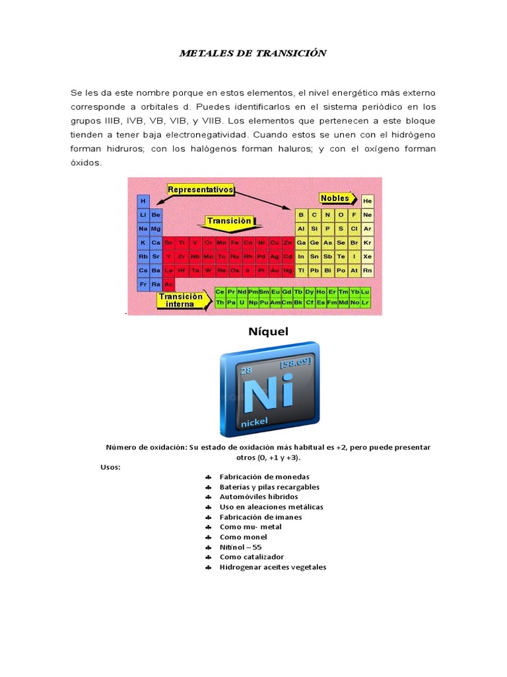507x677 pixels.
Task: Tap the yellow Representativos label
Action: [201, 190]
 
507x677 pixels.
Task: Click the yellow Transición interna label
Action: [180, 300]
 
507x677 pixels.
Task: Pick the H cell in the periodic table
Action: [143, 200]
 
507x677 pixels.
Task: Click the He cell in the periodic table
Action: [368, 200]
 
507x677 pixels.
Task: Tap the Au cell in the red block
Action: [275, 270]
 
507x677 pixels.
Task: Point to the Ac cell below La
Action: [168, 284]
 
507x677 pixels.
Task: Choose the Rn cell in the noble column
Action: [368, 270]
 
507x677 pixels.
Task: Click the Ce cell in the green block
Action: [220, 292]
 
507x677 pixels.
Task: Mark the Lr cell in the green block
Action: [365, 302]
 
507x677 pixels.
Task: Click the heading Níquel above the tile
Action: [269, 331]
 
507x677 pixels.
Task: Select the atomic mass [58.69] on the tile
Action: [295, 364]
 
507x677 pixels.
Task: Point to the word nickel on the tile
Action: [257, 421]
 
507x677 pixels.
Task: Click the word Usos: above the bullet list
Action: [110, 467]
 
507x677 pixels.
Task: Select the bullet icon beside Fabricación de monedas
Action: [207, 477]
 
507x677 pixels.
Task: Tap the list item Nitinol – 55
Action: [241, 547]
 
